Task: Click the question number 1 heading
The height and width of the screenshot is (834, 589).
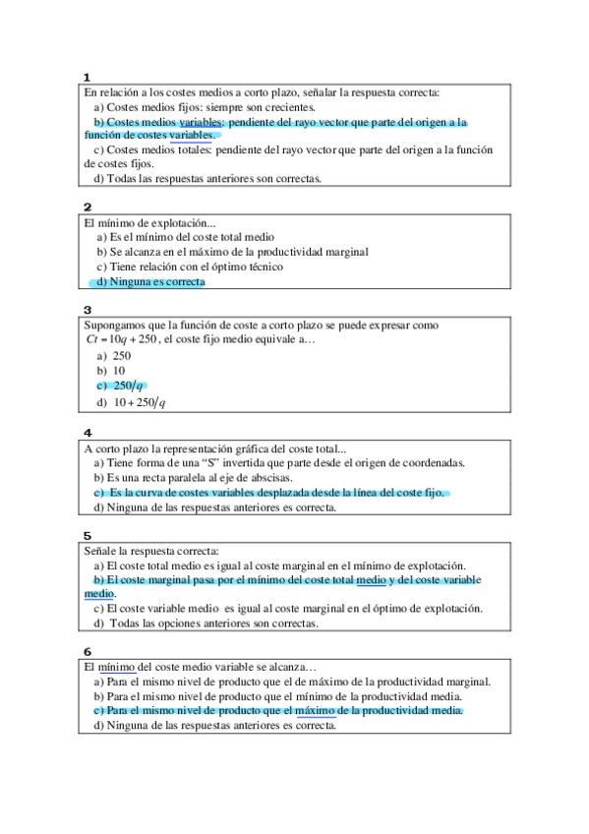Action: point(88,77)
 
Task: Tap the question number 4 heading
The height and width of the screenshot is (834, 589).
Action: point(88,433)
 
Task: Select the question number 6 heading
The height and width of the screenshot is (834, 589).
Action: point(88,651)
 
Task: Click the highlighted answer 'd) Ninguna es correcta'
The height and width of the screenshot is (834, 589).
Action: point(150,282)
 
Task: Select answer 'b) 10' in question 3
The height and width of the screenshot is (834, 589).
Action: point(111,371)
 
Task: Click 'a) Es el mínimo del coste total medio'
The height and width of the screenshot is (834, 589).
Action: point(185,237)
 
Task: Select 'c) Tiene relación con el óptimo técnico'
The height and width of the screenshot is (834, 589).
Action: point(190,267)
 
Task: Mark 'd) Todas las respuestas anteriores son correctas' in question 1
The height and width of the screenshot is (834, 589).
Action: point(206,178)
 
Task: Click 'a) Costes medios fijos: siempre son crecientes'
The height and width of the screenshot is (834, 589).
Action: point(205,106)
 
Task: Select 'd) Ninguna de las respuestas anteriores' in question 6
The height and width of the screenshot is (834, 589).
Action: point(214,726)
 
